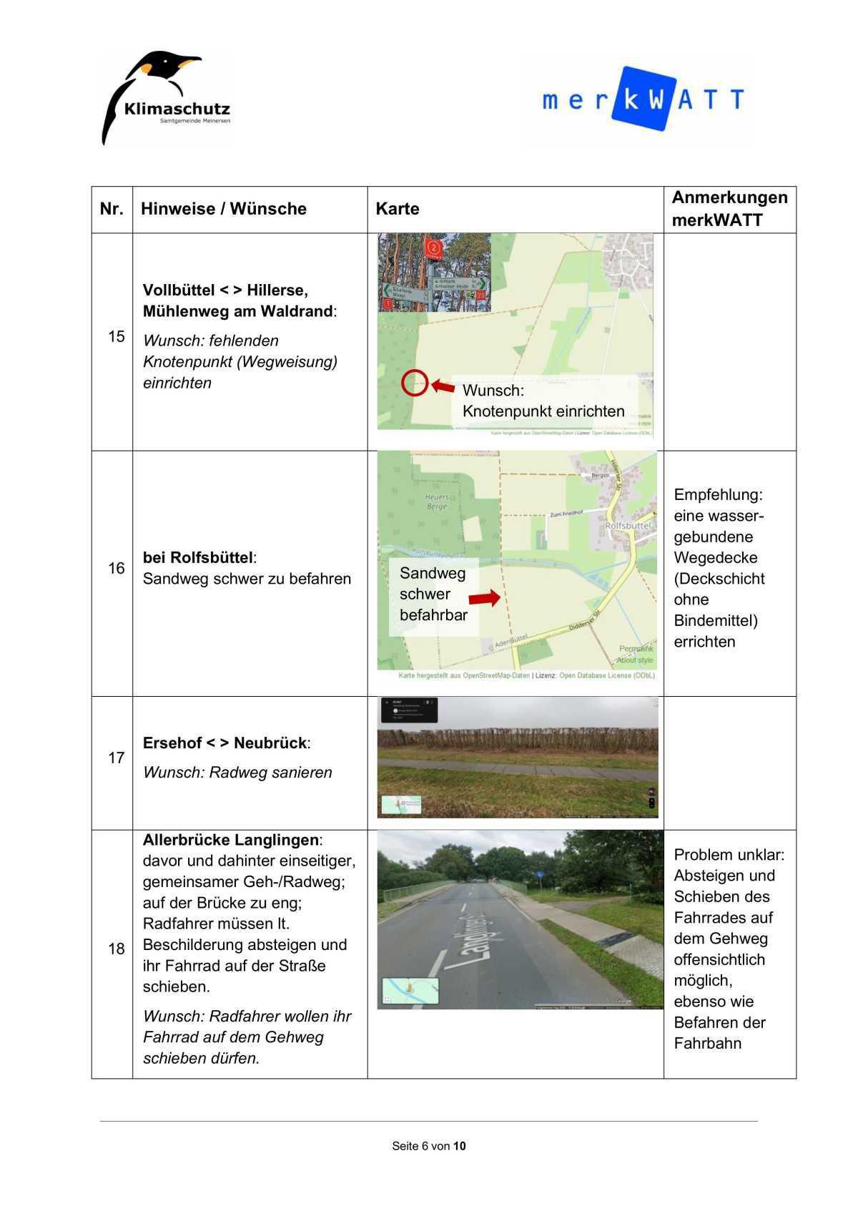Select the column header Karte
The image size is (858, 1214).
(x=398, y=209)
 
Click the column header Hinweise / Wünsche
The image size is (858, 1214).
(x=223, y=209)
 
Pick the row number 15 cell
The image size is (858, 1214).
(x=116, y=336)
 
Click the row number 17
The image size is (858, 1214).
(x=116, y=758)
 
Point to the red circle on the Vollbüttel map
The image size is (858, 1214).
(x=414, y=383)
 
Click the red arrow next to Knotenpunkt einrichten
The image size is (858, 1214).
(x=443, y=386)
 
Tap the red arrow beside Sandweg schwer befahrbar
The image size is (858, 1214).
(x=484, y=598)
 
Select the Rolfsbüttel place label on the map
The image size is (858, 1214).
(x=628, y=525)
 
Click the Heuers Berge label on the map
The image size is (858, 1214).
(x=437, y=501)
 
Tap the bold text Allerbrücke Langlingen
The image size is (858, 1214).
(x=230, y=840)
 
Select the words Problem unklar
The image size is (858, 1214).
(x=728, y=854)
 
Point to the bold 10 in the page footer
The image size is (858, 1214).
(x=459, y=1146)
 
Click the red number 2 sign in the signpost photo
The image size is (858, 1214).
(x=433, y=248)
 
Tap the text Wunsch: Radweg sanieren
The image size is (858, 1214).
(x=237, y=773)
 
